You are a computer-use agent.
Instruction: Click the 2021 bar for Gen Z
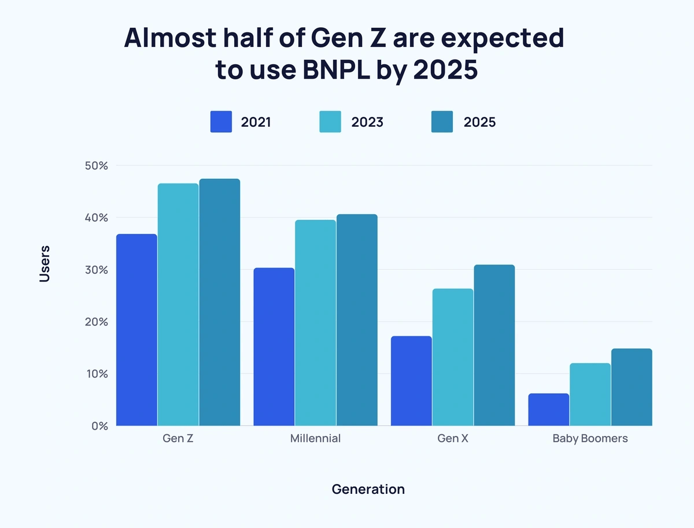(136, 330)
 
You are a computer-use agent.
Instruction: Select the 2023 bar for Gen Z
(178, 305)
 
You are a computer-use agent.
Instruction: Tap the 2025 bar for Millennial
(357, 320)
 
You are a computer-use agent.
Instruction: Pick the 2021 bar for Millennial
(274, 347)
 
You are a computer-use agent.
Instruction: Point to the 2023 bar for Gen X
(452, 357)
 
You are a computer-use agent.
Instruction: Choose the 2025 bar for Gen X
(494, 345)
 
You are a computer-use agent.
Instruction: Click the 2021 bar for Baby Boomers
(548, 409)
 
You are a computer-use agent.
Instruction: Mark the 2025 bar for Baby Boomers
(632, 387)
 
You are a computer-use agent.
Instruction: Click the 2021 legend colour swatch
(221, 122)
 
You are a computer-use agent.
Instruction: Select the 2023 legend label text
(367, 122)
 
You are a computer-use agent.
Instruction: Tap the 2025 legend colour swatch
(442, 122)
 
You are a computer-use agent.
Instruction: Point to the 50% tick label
(95, 166)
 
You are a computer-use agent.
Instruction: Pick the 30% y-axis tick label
(95, 270)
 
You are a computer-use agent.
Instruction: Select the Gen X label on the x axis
(453, 438)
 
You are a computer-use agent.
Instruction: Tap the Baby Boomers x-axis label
(590, 438)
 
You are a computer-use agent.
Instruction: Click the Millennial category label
(315, 438)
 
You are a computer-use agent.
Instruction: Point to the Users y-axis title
(45, 264)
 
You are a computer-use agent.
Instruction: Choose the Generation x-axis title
(368, 489)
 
